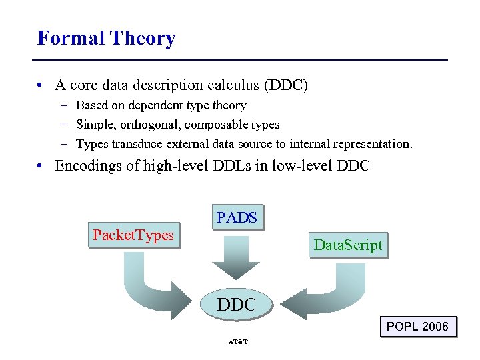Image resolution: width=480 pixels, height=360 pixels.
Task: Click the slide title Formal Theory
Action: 106,38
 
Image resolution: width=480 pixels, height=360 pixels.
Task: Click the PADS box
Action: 237,217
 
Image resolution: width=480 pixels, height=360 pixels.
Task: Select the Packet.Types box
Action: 133,235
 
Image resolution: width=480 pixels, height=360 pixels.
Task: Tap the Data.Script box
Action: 348,245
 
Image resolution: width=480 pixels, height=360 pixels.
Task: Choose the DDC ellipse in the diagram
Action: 237,305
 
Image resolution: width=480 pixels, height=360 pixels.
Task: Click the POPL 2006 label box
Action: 417,327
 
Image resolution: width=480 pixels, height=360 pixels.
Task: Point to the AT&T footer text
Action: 237,342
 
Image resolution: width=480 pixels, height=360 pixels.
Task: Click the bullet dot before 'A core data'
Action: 41,86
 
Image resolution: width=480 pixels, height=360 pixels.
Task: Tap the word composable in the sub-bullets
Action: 215,125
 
